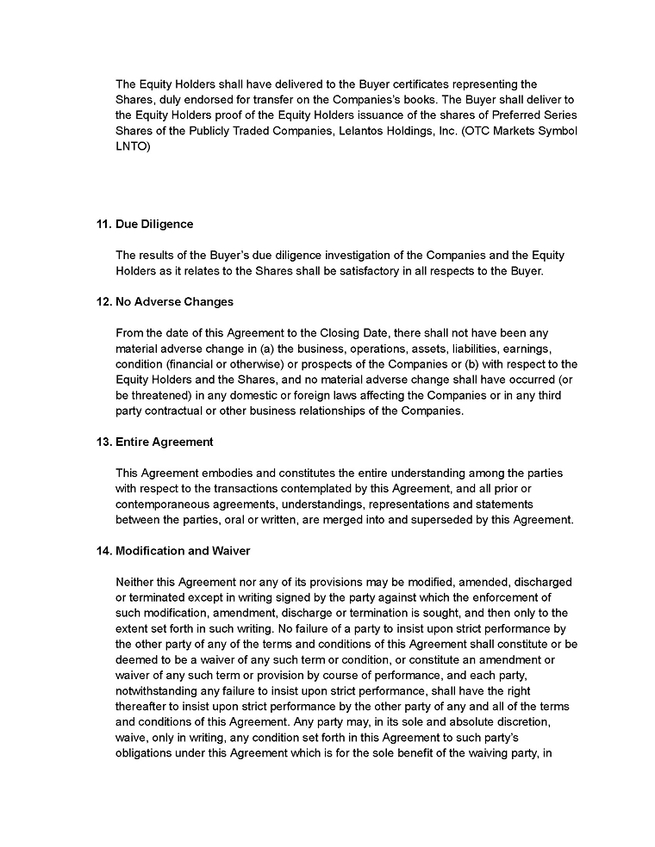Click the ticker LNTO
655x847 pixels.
133,146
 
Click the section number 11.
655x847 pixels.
103,225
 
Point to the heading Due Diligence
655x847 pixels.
154,225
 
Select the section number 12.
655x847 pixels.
103,302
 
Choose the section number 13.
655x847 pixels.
103,442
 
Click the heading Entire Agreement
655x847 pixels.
165,442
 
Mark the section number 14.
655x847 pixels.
103,551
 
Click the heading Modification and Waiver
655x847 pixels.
183,551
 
